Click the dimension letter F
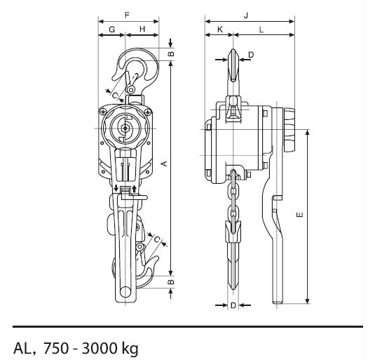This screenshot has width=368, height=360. pyautogui.click(x=127, y=15)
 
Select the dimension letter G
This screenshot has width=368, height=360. pyautogui.click(x=112, y=29)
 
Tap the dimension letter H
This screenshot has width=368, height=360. pyautogui.click(x=142, y=29)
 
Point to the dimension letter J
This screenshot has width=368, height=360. pyautogui.click(x=246, y=15)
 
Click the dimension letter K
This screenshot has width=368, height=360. pyautogui.click(x=220, y=29)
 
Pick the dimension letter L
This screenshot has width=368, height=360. pyautogui.click(x=261, y=29)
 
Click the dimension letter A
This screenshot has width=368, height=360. pyautogui.click(x=165, y=164)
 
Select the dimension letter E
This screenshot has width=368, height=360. pyautogui.click(x=300, y=215)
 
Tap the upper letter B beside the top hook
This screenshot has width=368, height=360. pyautogui.click(x=172, y=53)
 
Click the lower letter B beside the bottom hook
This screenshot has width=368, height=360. pyautogui.click(x=172, y=281)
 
